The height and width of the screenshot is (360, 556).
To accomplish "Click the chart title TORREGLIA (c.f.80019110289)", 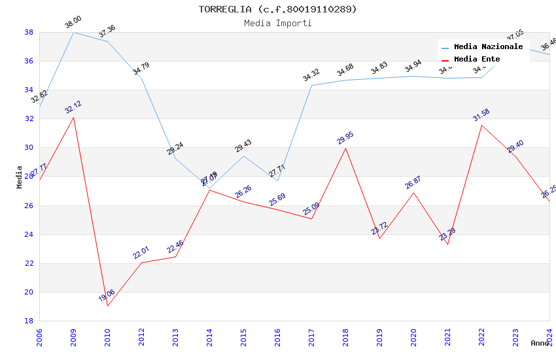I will [277, 9].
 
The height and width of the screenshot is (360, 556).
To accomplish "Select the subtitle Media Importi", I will [277, 23].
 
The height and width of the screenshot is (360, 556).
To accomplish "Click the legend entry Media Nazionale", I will [488, 47].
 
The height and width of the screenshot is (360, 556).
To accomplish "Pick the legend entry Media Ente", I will [477, 60].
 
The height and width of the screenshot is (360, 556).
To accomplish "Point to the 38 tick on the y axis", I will [29, 32].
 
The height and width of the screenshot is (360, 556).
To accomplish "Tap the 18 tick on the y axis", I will [29, 321].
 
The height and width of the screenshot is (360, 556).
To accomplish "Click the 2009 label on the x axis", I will [73, 337].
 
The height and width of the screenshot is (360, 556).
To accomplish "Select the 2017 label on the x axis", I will [311, 337].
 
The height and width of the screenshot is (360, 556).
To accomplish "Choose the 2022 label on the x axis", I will [481, 337].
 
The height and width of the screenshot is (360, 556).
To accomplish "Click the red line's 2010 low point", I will [107, 306].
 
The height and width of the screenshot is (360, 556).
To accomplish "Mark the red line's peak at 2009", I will [73, 117].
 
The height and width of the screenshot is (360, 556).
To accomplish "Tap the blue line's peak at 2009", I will [73, 32].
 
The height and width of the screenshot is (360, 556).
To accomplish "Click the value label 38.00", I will [73, 23].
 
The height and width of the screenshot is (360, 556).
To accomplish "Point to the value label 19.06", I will [107, 296].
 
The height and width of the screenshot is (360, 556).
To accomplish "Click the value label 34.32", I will [311, 75].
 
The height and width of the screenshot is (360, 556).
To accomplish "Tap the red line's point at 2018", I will [345, 148].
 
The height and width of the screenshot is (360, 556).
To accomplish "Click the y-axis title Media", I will [20, 177].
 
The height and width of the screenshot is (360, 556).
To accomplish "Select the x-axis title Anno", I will [540, 343].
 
